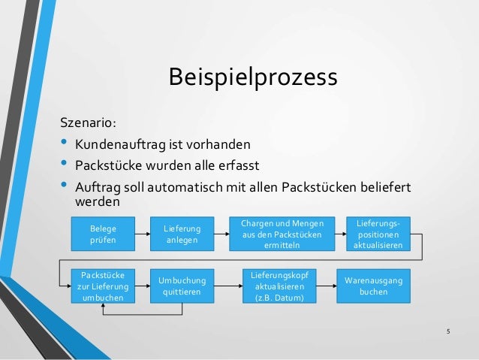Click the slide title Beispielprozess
(x=253, y=77)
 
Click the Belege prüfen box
(x=99, y=233)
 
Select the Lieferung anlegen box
(x=182, y=233)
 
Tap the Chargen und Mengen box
(x=282, y=234)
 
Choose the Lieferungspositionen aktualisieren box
(x=378, y=234)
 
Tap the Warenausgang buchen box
(x=373, y=285)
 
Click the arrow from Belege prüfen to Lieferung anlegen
(x=142, y=233)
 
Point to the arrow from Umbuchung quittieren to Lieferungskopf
(x=229, y=285)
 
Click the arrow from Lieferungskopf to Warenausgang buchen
(x=324, y=285)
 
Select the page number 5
(x=447, y=331)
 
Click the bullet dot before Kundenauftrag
(x=62, y=143)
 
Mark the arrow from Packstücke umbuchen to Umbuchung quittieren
(x=143, y=285)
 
